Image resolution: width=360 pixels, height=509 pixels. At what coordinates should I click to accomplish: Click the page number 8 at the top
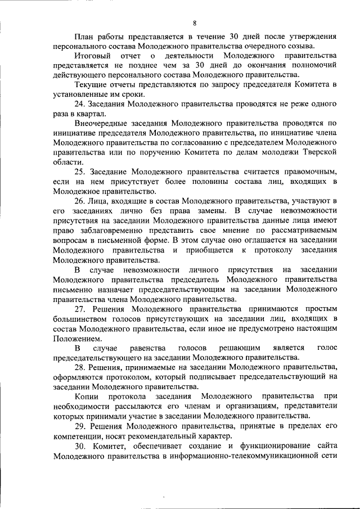pyautogui.click(x=194, y=23)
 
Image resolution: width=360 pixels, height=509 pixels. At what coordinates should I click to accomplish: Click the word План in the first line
pyautogui.click(x=83, y=37)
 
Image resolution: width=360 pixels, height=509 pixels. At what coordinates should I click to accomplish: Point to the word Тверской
pyautogui.click(x=319, y=152)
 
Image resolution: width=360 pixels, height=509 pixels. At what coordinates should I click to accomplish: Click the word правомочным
pyautogui.click(x=308, y=171)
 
